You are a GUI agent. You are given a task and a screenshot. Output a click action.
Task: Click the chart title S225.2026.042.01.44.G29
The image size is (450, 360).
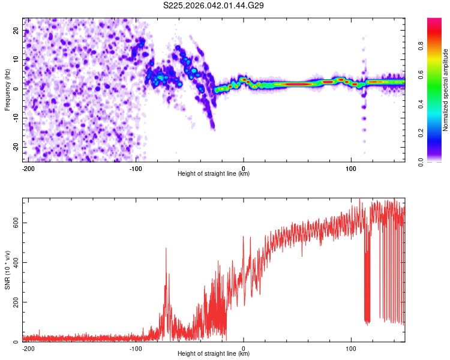pyautogui.click(x=214, y=6)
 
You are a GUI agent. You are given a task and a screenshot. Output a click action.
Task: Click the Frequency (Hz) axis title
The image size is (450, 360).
pyautogui.click(x=8, y=88)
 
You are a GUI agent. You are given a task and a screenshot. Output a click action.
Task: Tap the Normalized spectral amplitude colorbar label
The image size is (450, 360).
pyautogui.click(x=445, y=90)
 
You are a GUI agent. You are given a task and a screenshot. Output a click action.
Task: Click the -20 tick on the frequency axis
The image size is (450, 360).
pyautogui.click(x=16, y=147)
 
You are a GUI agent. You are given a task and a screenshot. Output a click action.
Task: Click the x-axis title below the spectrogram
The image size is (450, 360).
pyautogui.click(x=214, y=174)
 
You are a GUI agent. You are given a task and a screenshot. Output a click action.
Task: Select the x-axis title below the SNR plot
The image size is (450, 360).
pyautogui.click(x=214, y=354)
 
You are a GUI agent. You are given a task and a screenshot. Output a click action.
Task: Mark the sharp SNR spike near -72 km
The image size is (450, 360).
pyautogui.click(x=166, y=249)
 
